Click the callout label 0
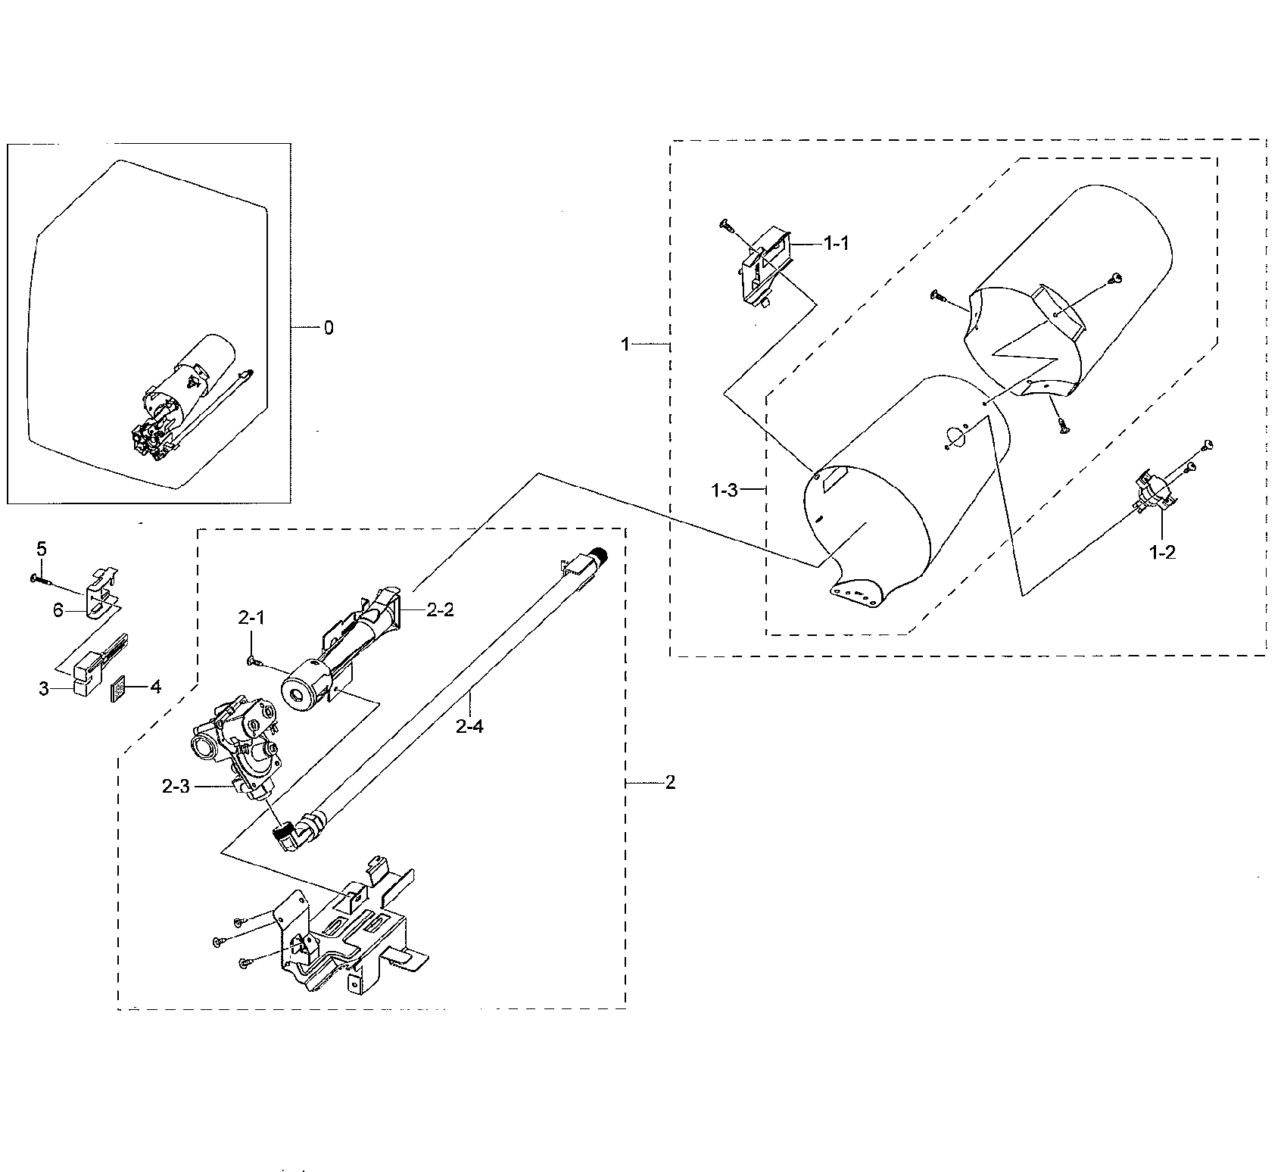(328, 328)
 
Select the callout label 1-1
(837, 243)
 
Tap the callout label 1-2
(1162, 553)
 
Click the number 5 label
(42, 547)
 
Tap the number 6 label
(58, 610)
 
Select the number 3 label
(44, 688)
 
